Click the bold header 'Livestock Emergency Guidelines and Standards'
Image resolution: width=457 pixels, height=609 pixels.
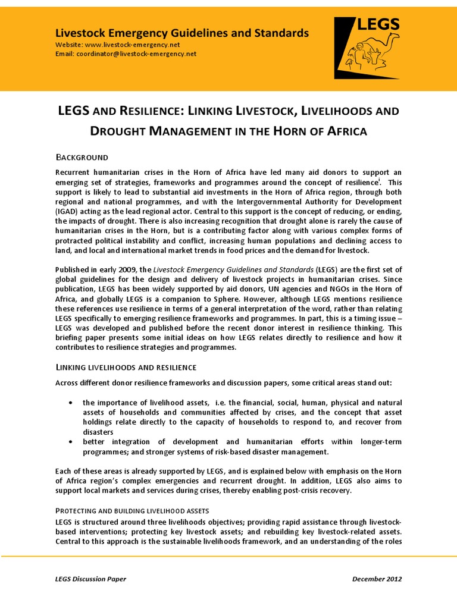tap(181, 33)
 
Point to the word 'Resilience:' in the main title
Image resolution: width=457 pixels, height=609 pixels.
tap(151, 111)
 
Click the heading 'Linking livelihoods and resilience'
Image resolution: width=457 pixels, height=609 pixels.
tap(126, 368)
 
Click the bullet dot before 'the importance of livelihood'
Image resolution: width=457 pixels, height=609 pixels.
tap(71, 403)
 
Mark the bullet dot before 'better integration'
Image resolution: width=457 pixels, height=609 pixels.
tap(71, 442)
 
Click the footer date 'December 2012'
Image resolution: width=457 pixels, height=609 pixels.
tap(377, 579)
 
